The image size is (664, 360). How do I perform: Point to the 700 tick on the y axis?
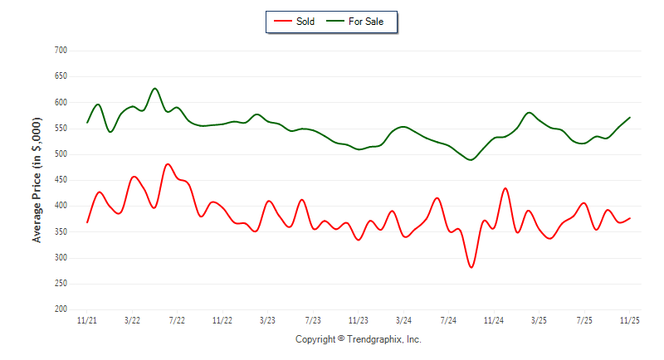(60, 51)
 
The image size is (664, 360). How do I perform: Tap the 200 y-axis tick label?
(60, 309)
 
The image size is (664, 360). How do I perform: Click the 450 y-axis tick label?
(60, 180)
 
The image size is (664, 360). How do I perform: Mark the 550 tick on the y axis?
(60, 129)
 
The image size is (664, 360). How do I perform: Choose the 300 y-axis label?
(60, 258)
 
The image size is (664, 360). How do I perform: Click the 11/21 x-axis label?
(86, 320)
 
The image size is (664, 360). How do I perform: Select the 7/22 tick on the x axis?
(177, 320)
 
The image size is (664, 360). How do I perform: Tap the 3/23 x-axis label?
(267, 320)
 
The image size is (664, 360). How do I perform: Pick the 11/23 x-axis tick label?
(358, 320)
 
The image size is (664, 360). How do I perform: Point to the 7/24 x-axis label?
(448, 320)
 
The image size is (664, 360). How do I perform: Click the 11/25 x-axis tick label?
(630, 320)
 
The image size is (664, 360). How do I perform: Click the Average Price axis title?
(37, 180)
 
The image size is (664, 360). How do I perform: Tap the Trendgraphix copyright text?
(358, 339)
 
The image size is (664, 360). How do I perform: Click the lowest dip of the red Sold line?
(471, 267)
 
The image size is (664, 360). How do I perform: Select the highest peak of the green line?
(154, 88)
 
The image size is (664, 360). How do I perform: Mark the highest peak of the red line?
(168, 164)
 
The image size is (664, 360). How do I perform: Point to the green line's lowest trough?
(471, 159)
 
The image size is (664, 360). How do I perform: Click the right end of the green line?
(630, 117)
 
